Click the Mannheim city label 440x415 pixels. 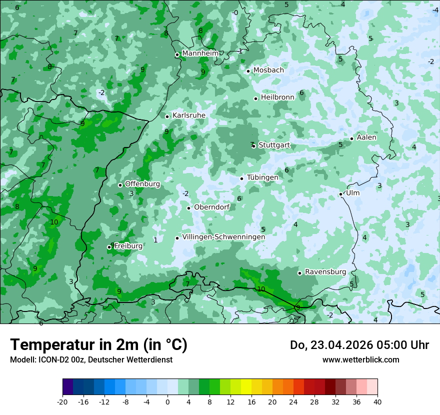pos(200,53)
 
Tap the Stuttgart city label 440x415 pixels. pos(274,145)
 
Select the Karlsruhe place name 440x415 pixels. pos(189,115)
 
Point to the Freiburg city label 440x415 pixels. pos(128,246)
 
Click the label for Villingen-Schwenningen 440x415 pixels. pos(223,237)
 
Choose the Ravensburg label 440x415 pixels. pos(325,272)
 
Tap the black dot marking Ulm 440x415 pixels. pos(341,194)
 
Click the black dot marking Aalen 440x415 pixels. pos(352,138)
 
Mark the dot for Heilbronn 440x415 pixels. pos(256,98)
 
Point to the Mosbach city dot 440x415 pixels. pos(248,71)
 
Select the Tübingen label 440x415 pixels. pos(262,178)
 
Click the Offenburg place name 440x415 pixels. pos(142,184)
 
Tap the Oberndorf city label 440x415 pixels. pos(211,207)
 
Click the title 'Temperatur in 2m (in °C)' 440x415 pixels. pos(98,345)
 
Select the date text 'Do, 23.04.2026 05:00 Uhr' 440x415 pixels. pos(359,345)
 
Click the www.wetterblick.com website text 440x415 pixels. pos(360,359)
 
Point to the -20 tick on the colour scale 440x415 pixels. pos(62,401)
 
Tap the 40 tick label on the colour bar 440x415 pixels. pos(377,401)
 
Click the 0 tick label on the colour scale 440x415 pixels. pos(167,401)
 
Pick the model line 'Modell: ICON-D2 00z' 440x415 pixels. pos(47,359)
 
